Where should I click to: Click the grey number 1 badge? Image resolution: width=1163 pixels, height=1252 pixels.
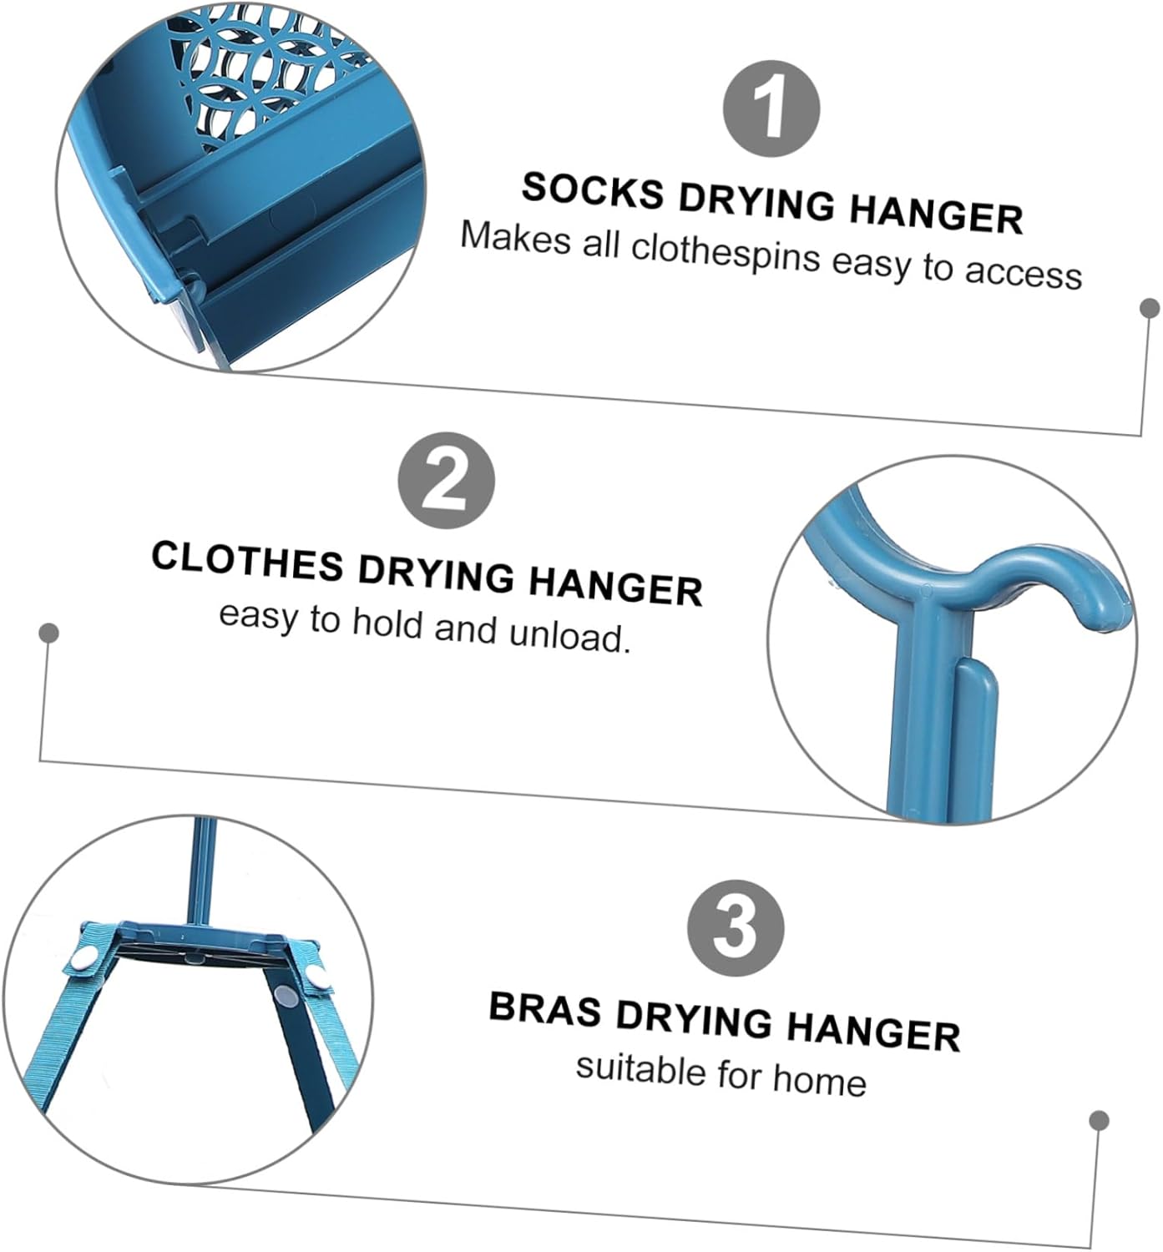(x=771, y=109)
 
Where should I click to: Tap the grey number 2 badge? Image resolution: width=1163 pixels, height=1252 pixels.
(x=446, y=481)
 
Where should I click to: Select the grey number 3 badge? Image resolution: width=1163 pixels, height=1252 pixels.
(x=736, y=928)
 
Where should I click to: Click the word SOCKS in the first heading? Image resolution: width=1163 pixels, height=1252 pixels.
(x=593, y=191)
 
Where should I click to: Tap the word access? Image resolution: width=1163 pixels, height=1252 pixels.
(x=1023, y=272)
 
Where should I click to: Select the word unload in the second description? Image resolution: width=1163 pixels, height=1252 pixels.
(x=568, y=636)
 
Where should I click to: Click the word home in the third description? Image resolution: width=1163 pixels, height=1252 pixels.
(x=819, y=1080)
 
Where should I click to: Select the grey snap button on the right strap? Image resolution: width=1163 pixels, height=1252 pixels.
(x=286, y=996)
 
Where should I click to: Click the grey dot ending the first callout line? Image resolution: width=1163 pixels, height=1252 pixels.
(x=1150, y=308)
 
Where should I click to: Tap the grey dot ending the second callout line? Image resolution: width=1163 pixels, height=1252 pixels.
(x=49, y=634)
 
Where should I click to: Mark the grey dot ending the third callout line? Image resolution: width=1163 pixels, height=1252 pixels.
(x=1100, y=1120)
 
